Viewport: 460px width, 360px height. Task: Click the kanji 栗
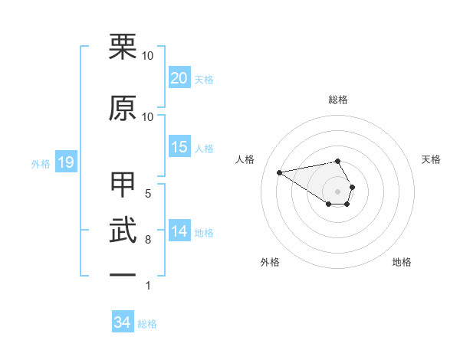pos(123,47)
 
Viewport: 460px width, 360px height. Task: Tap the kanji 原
pos(123,108)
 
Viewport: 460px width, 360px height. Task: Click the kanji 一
pos(123,274)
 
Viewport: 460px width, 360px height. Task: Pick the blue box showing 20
pos(179,78)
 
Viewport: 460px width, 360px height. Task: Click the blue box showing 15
pos(179,147)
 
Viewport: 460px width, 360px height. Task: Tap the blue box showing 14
pos(179,231)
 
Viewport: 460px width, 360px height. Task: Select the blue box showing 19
pos(65,162)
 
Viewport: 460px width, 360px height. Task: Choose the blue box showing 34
pos(123,323)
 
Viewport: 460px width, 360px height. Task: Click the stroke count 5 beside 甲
pos(147,194)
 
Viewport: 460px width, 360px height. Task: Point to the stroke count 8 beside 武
pos(147,240)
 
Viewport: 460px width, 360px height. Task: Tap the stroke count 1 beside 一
pos(147,286)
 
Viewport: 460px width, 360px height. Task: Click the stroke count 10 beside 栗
pos(148,56)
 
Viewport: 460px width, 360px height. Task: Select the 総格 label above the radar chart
pos(338,100)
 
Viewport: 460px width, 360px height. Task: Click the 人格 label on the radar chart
pos(245,159)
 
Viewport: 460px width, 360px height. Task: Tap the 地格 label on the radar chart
pos(402,262)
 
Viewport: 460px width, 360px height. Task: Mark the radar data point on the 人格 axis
pos(280,172)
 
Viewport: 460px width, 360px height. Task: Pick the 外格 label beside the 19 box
pos(41,163)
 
